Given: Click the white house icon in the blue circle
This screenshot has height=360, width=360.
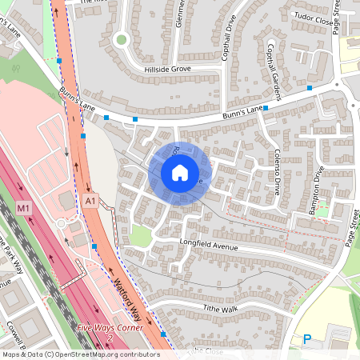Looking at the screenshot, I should click(180, 172).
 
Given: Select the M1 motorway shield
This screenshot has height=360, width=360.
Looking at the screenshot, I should click(24, 209).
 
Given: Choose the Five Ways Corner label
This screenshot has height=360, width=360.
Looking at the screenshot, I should click(110, 328).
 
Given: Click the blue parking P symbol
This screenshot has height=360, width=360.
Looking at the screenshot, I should click(306, 339).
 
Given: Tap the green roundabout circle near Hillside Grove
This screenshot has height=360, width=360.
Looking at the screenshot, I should click(122, 38).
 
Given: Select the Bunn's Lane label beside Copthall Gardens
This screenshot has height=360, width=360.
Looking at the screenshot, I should click(243, 111).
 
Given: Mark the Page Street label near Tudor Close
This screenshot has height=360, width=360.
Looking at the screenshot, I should click(338, 16).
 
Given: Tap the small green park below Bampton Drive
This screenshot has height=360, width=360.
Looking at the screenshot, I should click(322, 210).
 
